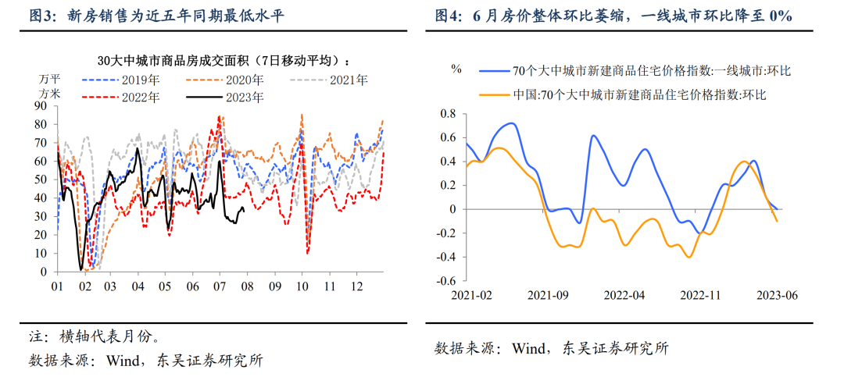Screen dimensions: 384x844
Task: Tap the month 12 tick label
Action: click(357, 287)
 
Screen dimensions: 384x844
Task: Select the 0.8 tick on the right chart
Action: click(447, 114)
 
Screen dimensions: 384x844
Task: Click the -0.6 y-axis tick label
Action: click(445, 281)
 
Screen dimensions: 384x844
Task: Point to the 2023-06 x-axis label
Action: click(776, 296)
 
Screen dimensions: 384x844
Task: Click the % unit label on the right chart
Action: click(456, 69)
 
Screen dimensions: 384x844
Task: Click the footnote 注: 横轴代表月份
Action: click(95, 338)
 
